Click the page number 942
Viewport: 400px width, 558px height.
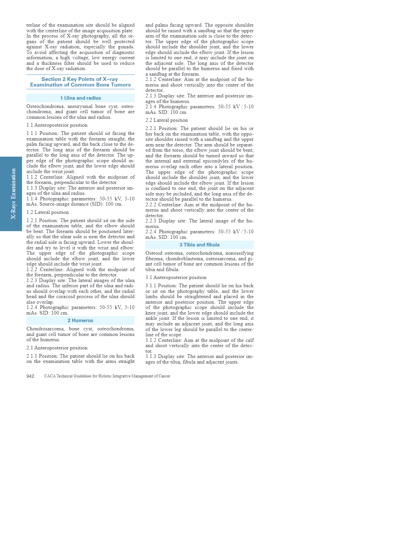click(30, 376)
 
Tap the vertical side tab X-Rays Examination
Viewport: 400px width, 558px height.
click(13, 194)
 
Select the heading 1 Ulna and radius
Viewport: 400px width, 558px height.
click(80, 98)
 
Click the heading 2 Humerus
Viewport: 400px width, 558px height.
click(80, 320)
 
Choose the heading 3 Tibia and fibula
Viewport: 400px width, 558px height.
click(199, 245)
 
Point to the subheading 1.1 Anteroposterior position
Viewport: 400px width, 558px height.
click(57, 125)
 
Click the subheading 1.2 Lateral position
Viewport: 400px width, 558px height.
click(48, 212)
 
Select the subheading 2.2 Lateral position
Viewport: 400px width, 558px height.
click(167, 120)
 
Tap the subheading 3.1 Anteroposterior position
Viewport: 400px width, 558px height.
click(176, 277)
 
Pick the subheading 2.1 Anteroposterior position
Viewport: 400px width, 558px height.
click(57, 348)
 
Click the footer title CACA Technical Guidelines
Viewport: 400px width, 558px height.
click(107, 376)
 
